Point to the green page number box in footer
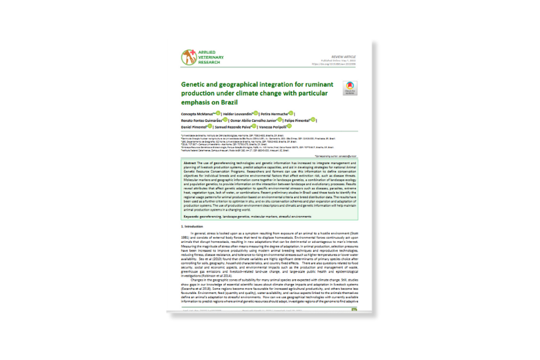[355, 310]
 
